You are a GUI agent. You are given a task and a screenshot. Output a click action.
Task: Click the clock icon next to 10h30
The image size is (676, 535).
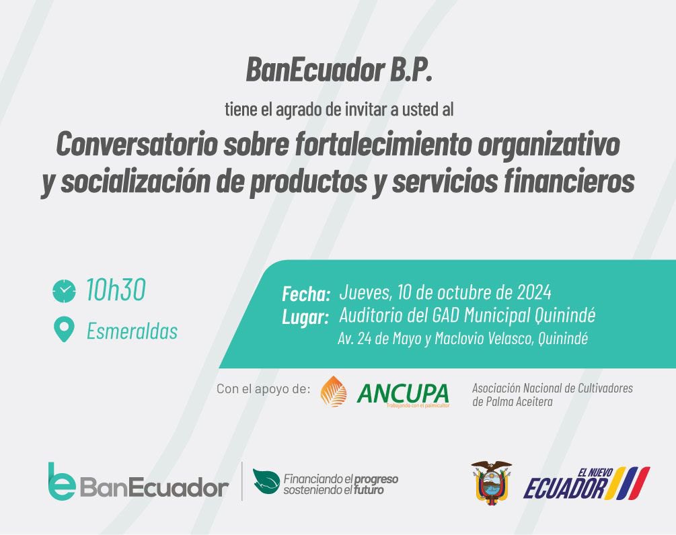(x=64, y=291)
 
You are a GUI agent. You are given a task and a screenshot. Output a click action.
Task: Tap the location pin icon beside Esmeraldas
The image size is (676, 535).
(x=64, y=330)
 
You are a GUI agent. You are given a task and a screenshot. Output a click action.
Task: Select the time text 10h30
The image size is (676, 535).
(x=115, y=290)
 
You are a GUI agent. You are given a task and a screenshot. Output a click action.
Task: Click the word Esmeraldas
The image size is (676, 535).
(x=132, y=331)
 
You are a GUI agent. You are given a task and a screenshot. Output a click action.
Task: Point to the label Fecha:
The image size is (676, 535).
(x=306, y=294)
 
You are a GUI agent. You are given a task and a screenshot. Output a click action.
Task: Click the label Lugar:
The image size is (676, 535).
(x=305, y=317)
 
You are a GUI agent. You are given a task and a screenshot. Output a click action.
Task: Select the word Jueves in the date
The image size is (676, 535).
(x=365, y=293)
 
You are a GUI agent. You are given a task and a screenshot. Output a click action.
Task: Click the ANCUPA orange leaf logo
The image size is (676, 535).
(x=334, y=392)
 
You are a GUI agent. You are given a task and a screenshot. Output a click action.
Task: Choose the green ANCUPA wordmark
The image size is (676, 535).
(x=402, y=393)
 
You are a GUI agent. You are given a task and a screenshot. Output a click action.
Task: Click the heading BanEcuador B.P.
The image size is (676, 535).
(x=338, y=69)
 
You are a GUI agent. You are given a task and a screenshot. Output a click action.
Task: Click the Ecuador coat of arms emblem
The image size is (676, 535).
(x=491, y=481)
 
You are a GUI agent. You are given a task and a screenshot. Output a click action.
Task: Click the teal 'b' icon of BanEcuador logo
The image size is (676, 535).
(x=61, y=481)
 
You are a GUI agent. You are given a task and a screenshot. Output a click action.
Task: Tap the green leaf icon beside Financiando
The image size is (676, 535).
(x=266, y=481)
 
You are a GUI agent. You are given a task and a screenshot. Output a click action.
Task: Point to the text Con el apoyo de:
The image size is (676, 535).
(x=263, y=389)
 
